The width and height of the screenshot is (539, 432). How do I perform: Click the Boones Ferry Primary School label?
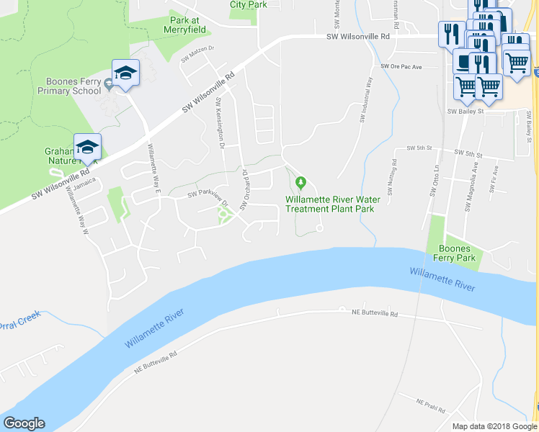tap(63, 86)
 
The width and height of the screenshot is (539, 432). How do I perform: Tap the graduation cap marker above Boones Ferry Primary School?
tap(125, 73)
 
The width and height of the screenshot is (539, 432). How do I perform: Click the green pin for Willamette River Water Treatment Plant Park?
tap(302, 181)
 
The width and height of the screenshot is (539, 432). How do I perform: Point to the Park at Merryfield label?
tap(187, 25)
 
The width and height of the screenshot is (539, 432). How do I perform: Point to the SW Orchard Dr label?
tap(244, 190)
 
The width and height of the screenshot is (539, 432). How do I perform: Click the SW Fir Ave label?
tap(494, 181)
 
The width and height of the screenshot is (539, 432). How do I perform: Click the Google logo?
tap(24, 423)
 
